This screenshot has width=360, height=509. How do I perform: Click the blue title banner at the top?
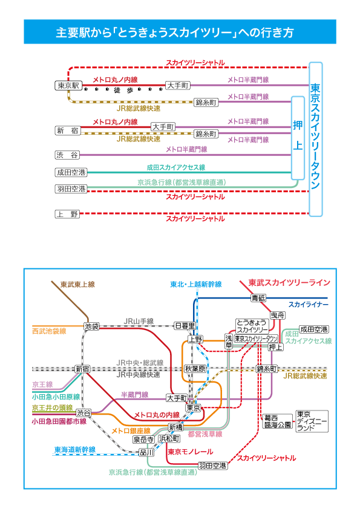(x=180, y=31)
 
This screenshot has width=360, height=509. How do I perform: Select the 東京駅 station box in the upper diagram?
(x=68, y=85)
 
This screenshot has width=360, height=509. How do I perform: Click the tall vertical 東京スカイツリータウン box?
(x=315, y=139)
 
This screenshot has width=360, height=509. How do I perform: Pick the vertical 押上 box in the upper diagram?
(x=298, y=138)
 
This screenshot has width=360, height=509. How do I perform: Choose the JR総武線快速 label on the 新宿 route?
(x=139, y=139)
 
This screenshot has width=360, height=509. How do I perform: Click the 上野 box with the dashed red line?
(x=67, y=214)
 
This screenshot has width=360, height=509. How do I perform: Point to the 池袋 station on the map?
(x=91, y=326)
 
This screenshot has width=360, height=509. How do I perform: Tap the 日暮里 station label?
(x=185, y=326)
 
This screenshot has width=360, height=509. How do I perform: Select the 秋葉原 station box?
(x=195, y=369)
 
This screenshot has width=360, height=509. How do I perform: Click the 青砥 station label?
(x=258, y=297)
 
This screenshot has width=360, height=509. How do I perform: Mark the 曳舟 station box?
(x=278, y=315)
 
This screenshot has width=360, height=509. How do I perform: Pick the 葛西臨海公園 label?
(x=278, y=421)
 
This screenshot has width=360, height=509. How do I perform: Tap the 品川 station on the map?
(x=146, y=452)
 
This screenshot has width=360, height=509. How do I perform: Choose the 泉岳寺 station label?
(x=143, y=439)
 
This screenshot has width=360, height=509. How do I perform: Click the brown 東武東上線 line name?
(x=77, y=284)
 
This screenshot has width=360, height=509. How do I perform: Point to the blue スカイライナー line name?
(x=309, y=305)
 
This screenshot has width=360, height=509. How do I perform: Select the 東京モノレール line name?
(x=191, y=452)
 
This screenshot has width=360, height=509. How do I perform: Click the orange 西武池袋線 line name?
(x=50, y=331)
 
